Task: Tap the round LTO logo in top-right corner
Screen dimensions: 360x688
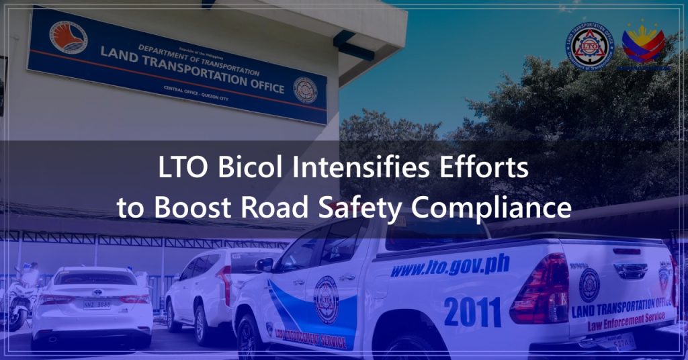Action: (x=589, y=45)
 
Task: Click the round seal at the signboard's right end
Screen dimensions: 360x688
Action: (x=305, y=90)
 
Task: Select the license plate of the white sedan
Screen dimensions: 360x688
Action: (x=97, y=304)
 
